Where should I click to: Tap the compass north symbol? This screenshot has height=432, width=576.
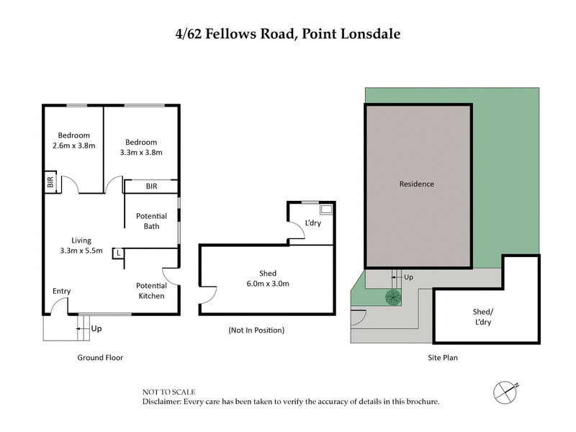pyautogui.click(x=506, y=391)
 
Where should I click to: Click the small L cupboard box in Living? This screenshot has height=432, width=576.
pyautogui.click(x=117, y=253)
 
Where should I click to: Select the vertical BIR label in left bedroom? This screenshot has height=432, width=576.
pyautogui.click(x=50, y=184)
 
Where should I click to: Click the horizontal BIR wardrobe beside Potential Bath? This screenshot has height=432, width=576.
pyautogui.click(x=151, y=186)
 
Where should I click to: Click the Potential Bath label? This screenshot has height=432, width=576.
pyautogui.click(x=151, y=221)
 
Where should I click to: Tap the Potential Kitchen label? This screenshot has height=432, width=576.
pyautogui.click(x=151, y=291)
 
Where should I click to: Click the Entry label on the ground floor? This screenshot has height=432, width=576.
pyautogui.click(x=61, y=291)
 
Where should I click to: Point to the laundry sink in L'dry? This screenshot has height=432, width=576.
pyautogui.click(x=325, y=210)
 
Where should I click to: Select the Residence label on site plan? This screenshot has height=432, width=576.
pyautogui.click(x=417, y=184)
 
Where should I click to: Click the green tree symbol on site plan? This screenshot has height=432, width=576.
pyautogui.click(x=393, y=296)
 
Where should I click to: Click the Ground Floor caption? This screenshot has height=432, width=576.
pyautogui.click(x=100, y=357)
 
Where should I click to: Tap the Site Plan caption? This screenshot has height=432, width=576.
pyautogui.click(x=441, y=357)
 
